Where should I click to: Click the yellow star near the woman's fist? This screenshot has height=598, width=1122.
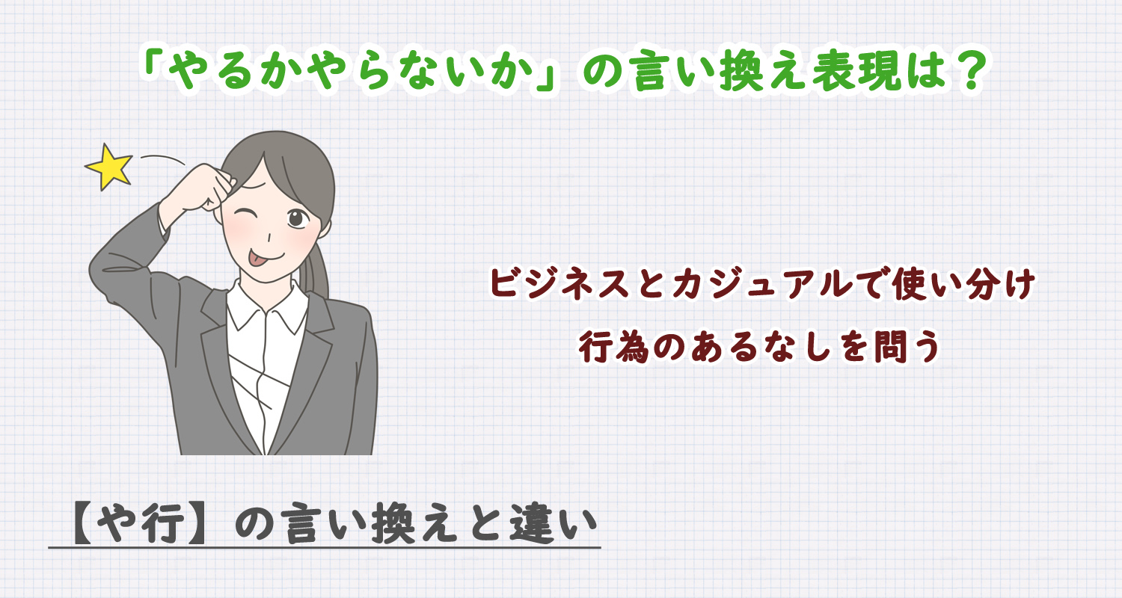coord(109,167)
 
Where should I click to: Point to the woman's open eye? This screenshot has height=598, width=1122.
coord(297,218)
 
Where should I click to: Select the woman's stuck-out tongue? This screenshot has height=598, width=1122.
coord(257,259)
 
